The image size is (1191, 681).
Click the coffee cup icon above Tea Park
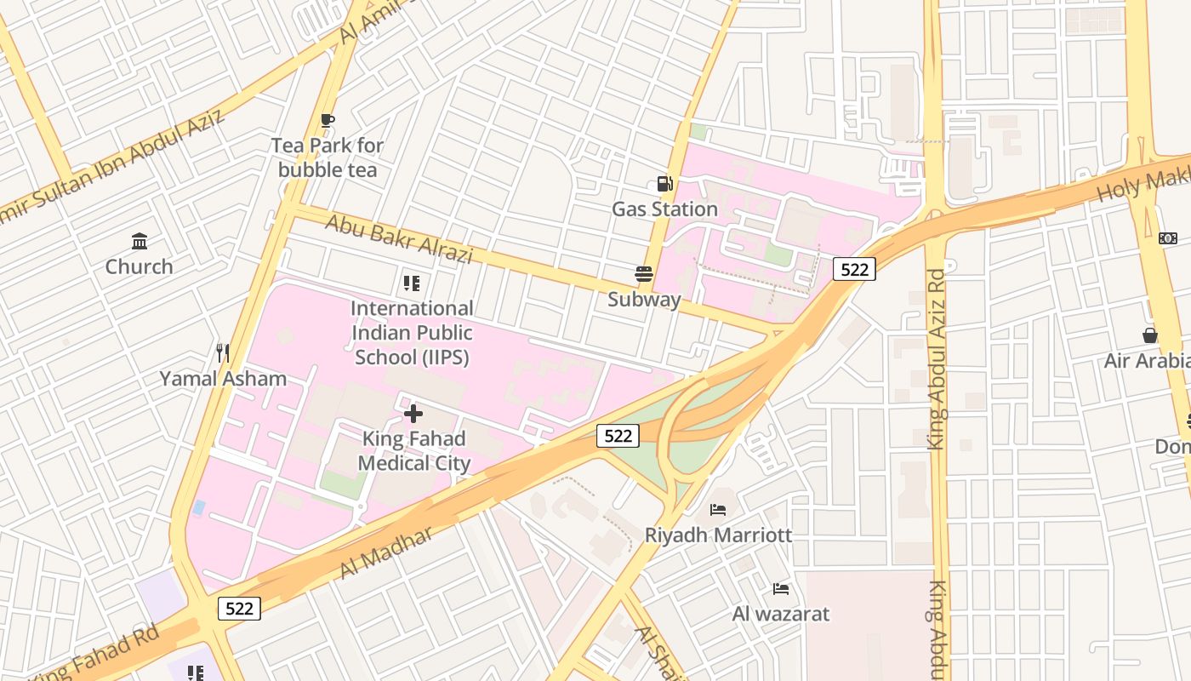coord(328,120)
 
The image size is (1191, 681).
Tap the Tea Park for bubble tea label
coord(328,157)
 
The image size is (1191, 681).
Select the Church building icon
coord(140,242)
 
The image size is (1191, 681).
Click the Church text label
coord(140,266)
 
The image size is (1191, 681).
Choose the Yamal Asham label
coord(223,379)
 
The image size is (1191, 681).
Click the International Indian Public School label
coord(412,333)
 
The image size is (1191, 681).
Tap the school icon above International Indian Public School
coord(412,283)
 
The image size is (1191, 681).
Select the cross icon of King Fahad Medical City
coord(413,414)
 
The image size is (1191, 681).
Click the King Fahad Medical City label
coord(413,451)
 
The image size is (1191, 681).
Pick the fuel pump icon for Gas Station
coord(664,183)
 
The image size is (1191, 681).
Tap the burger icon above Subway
coord(644,274)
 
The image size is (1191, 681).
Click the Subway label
coord(644,300)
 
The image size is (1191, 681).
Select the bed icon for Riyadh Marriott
coord(718,510)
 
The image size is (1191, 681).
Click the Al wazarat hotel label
coord(780,614)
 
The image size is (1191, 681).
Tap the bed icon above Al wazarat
coord(780,589)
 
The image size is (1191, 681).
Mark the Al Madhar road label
coord(386,552)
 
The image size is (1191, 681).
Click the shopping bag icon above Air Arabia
coord(1150,336)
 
